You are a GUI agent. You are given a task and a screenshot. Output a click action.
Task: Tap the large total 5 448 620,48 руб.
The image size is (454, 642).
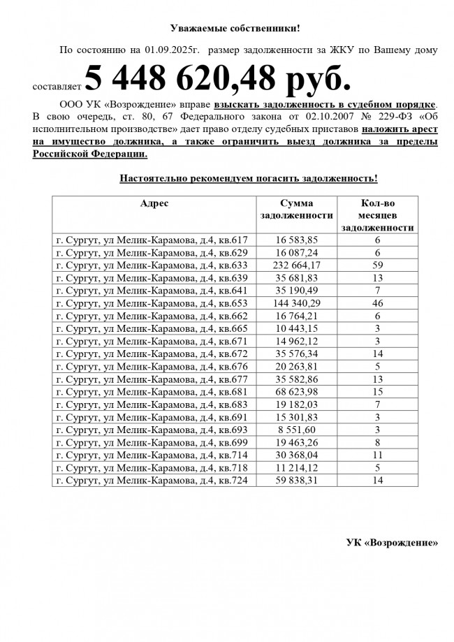(x=217, y=79)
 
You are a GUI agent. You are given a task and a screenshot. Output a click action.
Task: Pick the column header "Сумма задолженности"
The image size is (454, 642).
(x=296, y=209)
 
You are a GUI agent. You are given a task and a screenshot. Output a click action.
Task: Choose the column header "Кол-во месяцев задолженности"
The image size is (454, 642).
(x=377, y=214)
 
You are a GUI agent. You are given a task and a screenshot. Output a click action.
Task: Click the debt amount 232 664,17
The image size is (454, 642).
(x=296, y=265)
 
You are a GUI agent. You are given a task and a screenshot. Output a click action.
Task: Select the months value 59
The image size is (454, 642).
(x=377, y=265)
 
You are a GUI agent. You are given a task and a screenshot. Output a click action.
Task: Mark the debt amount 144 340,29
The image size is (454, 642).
(x=296, y=302)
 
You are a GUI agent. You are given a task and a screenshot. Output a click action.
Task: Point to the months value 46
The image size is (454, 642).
(x=377, y=302)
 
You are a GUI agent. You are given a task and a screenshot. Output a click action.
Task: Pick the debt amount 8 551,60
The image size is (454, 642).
(x=296, y=430)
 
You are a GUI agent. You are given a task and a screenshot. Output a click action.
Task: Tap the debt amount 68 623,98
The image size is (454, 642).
(x=296, y=391)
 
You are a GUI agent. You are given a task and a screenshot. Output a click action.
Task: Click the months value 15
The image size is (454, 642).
(x=377, y=391)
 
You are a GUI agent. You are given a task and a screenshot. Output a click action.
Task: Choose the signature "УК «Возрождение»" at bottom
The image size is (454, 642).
(x=393, y=543)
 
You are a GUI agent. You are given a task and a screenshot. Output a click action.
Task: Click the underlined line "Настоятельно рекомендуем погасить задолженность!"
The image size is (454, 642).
(x=249, y=178)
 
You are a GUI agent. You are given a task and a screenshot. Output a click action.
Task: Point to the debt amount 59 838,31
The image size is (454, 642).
(x=296, y=481)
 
